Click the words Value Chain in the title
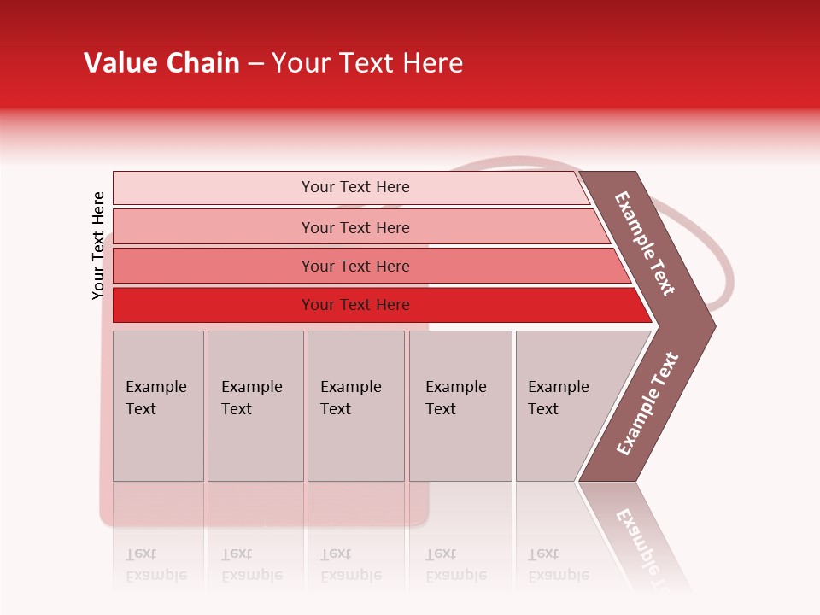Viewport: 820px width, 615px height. pos(161,63)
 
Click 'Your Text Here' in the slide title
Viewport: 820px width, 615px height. pos(367,63)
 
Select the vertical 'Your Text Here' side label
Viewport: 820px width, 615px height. pos(98,245)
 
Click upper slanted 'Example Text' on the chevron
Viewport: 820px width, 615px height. pos(645,244)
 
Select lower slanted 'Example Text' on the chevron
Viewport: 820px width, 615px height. pos(647,404)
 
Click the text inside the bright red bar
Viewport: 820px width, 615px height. pos(355,305)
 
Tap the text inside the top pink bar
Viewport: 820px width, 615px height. pos(355,187)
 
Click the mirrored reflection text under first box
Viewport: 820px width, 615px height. pos(155,565)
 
